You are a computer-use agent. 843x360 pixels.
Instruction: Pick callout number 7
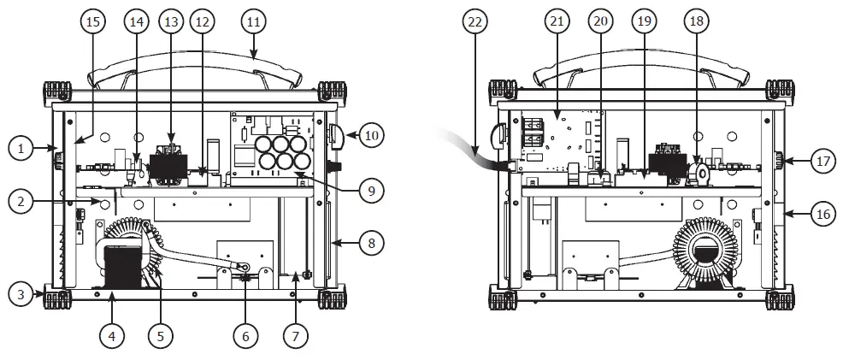pyautogui.click(x=295, y=336)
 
